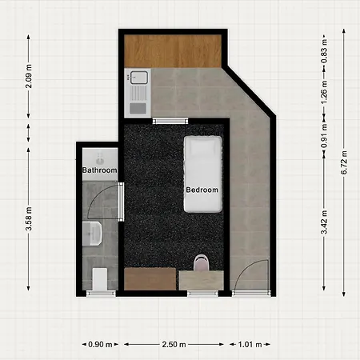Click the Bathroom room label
(x=100, y=170)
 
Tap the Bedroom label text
(x=202, y=190)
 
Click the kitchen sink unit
(x=135, y=91)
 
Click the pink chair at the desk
(x=202, y=262)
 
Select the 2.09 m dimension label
(x=29, y=80)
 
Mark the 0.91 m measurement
(x=323, y=131)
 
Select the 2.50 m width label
(x=174, y=344)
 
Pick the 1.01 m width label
(x=250, y=344)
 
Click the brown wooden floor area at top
(x=172, y=51)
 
